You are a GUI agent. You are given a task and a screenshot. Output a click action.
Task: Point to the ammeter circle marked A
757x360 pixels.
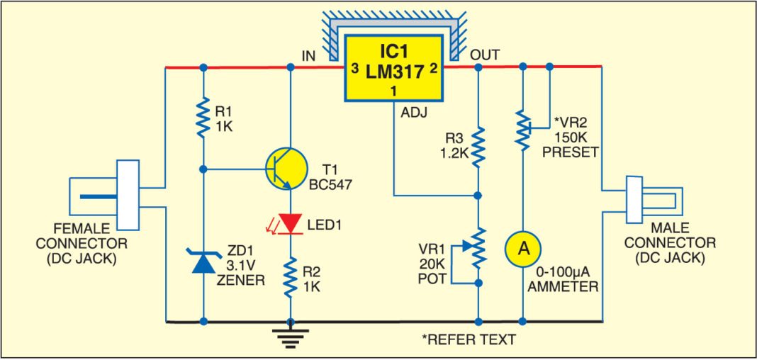click(523, 249)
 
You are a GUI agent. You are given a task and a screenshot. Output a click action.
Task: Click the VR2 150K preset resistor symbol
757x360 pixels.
click(523, 128)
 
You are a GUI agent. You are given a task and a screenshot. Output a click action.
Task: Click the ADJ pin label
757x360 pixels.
click(413, 112)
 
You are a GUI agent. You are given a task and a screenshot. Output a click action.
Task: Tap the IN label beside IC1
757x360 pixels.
click(309, 55)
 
